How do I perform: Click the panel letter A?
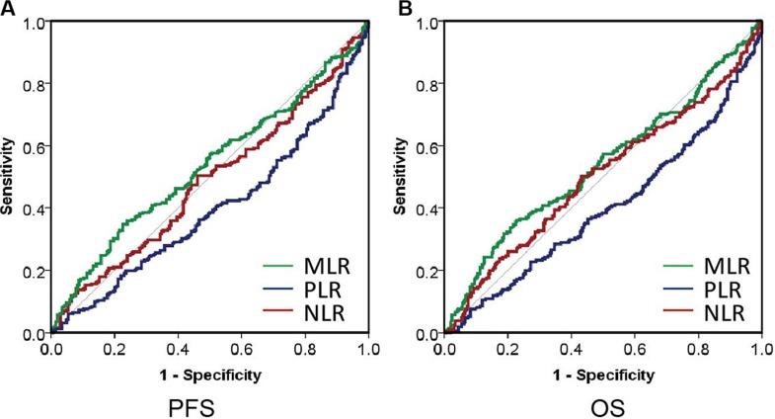point(7,8)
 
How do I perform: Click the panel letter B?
point(403,8)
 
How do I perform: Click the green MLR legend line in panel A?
point(280,265)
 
